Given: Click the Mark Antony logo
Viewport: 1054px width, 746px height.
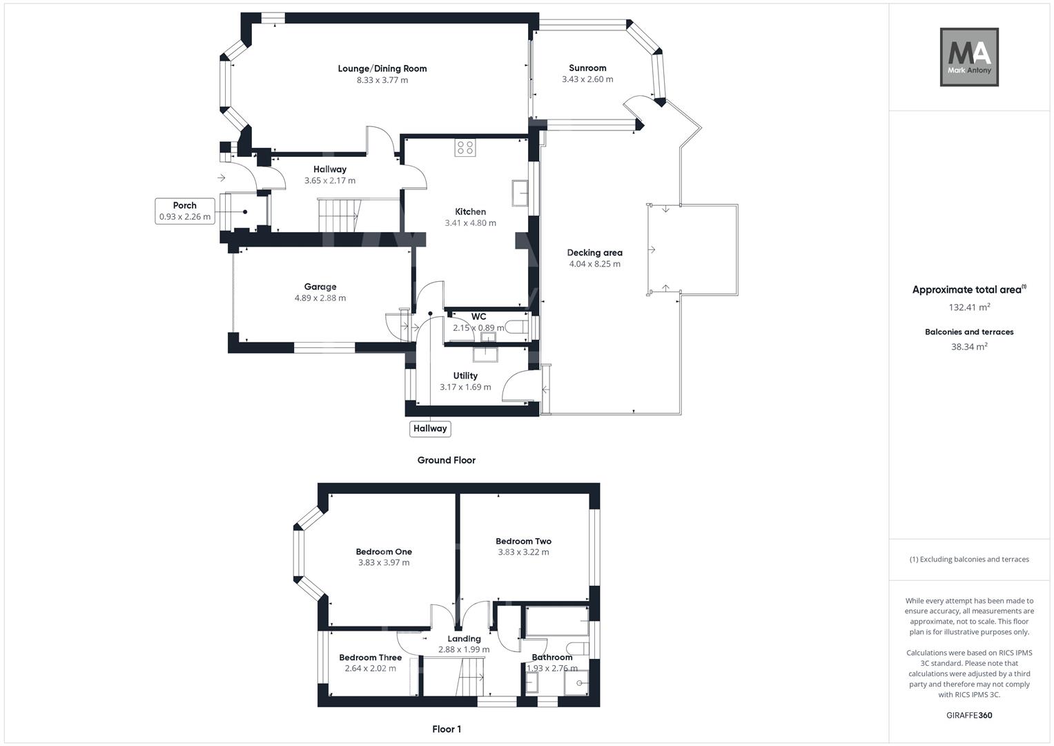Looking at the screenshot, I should tap(969, 57).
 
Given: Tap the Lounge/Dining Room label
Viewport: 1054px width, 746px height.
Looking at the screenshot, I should tap(382, 68).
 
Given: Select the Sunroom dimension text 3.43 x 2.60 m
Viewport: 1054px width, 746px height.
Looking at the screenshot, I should tap(587, 79).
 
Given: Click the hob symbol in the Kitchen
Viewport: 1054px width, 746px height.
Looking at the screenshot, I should tap(465, 148).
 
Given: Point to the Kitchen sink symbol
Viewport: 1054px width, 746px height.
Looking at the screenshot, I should tap(519, 193).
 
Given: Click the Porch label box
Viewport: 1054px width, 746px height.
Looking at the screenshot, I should tap(184, 211).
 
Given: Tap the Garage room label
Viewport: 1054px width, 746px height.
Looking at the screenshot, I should tap(320, 287).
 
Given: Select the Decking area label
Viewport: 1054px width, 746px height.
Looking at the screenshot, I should tap(594, 253).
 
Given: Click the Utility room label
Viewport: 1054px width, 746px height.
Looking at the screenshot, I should tap(465, 376).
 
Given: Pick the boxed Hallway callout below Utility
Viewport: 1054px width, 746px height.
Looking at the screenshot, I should tap(430, 429).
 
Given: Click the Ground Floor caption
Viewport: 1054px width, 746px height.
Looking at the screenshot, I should tap(446, 460).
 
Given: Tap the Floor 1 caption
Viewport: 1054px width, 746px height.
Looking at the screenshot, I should tap(447, 729).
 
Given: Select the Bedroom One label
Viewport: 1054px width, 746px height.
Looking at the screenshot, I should tap(384, 551).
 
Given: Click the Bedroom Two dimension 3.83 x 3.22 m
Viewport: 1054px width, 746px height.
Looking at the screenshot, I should tap(523, 553).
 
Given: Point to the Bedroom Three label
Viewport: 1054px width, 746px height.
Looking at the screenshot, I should tap(370, 658).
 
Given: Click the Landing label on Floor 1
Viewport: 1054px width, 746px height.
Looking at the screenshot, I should tap(464, 639).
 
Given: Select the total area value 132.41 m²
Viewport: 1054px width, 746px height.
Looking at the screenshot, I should tap(969, 307).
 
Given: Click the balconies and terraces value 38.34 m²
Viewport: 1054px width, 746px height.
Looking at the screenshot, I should tap(969, 347).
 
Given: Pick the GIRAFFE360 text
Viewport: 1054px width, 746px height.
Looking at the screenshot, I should tap(969, 716).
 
